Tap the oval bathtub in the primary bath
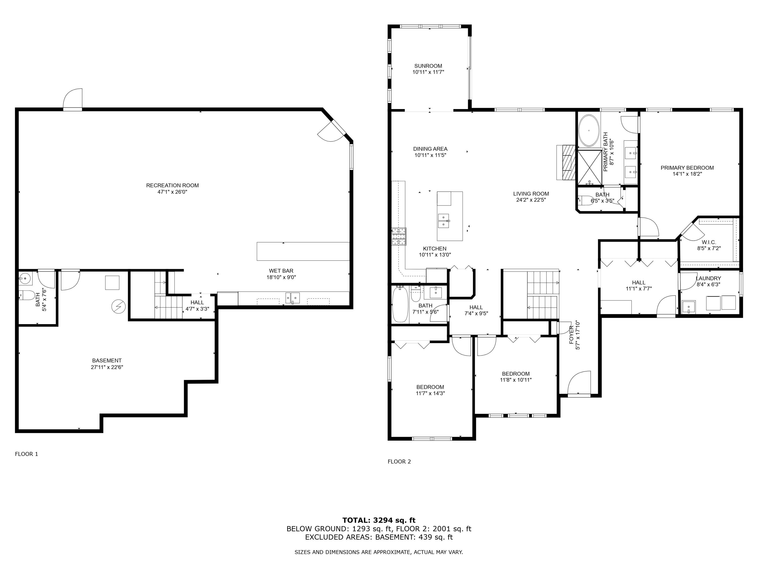click(589, 131)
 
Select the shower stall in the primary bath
click(590, 167)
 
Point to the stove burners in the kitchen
click(399, 236)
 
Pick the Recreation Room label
click(172, 186)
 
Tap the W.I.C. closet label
click(709, 242)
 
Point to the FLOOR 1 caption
click(26, 454)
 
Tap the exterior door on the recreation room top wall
click(73, 100)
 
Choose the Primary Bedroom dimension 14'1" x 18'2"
click(687, 174)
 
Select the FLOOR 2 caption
click(399, 461)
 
